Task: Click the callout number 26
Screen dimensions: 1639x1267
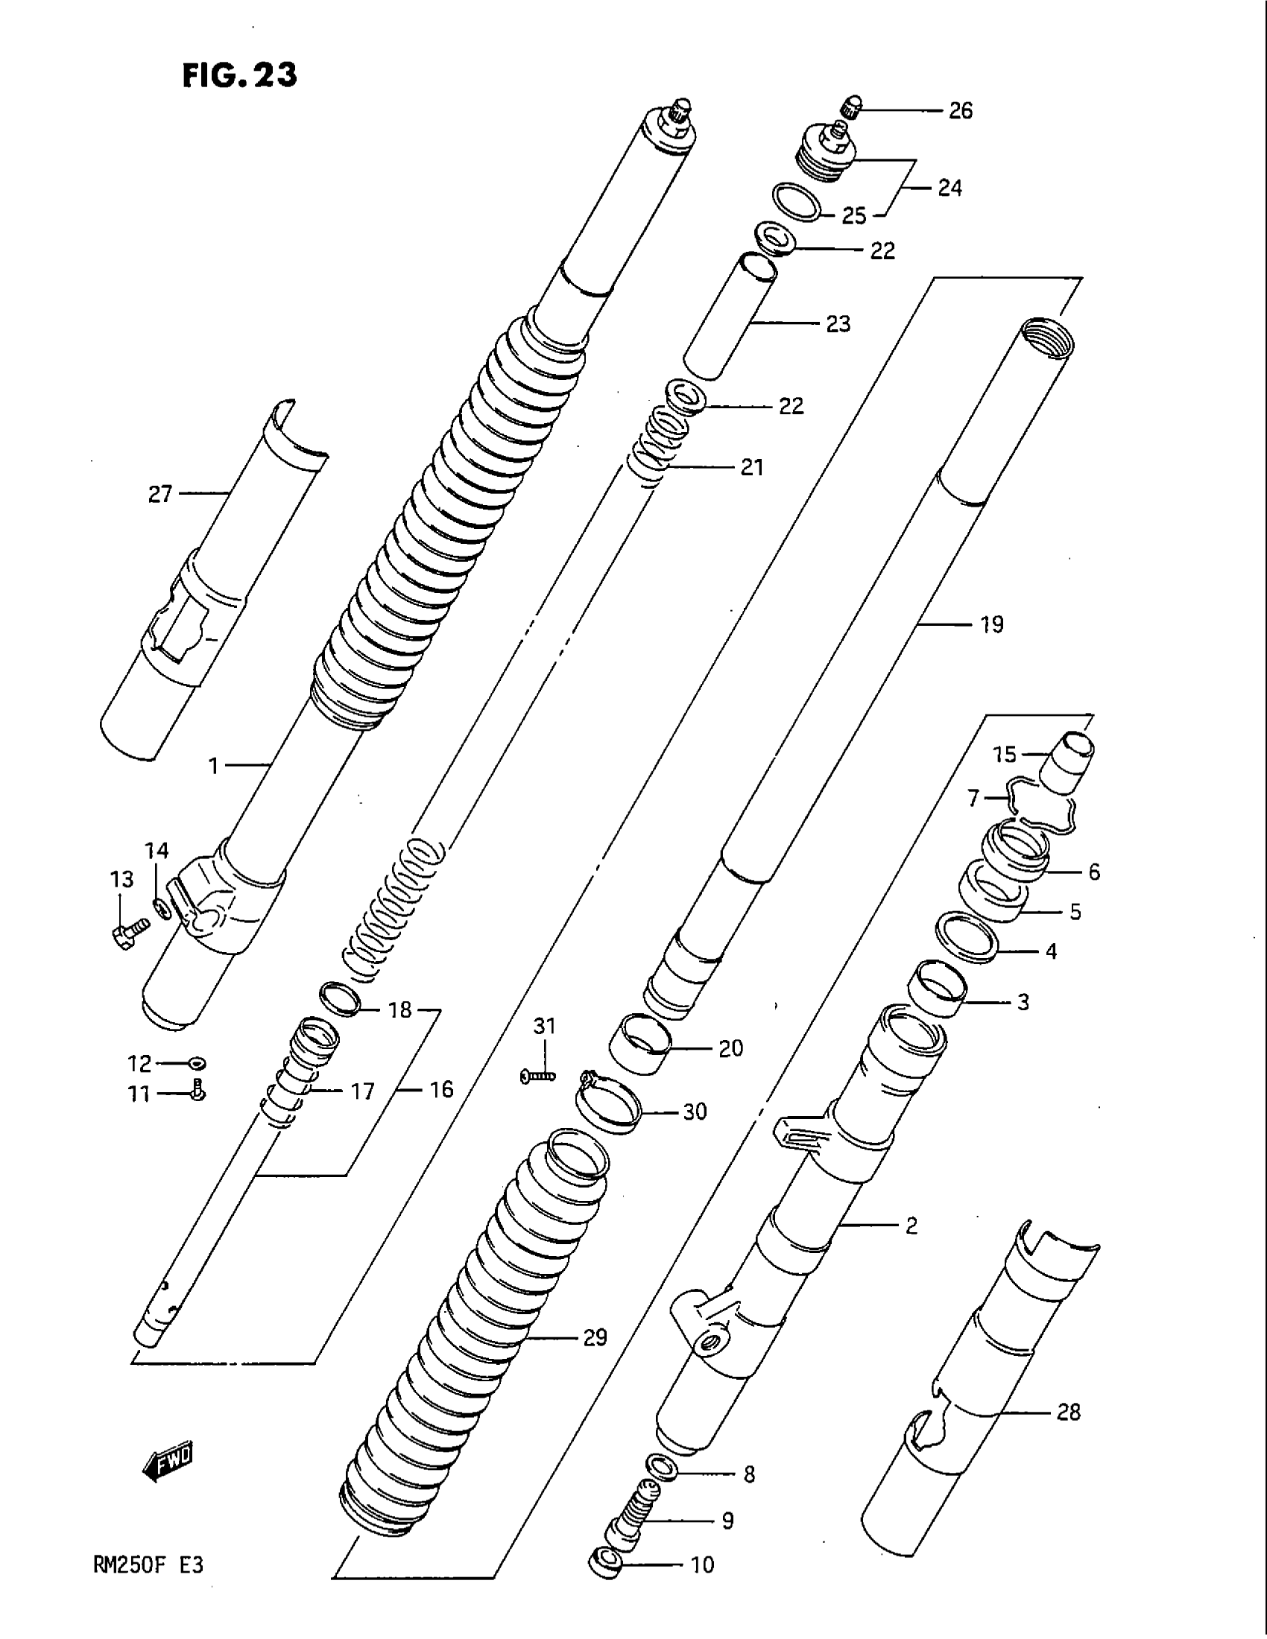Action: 960,111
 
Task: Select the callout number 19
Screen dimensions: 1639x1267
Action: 991,624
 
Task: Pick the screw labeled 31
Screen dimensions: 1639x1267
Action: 537,1077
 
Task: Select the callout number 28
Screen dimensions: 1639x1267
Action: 1067,1413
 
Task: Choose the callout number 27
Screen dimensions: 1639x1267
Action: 160,495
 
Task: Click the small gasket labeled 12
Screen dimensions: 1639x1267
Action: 198,1063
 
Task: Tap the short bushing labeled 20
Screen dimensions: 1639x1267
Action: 639,1044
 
